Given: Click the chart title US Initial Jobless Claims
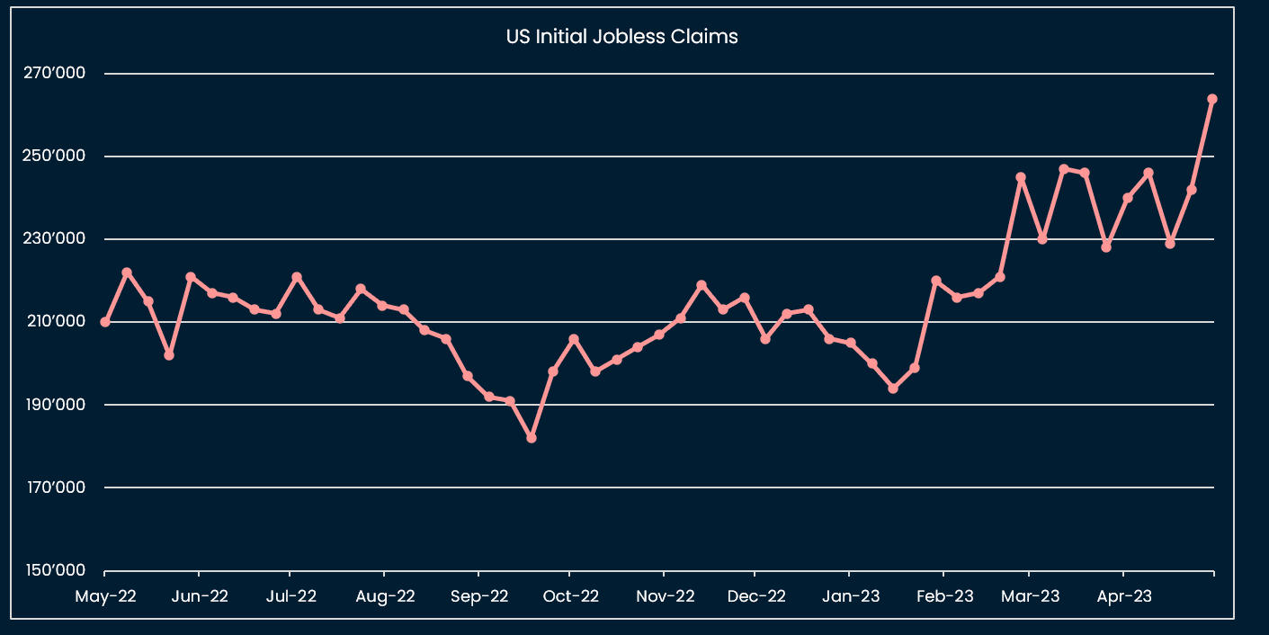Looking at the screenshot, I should point(621,37).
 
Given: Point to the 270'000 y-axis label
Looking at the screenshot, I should point(55,73).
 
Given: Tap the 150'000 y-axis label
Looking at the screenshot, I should point(55,570).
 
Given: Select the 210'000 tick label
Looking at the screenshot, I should point(55,321).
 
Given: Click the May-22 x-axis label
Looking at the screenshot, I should point(106,595).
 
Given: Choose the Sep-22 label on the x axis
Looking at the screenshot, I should point(478,595).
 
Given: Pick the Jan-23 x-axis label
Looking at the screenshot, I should point(850,595).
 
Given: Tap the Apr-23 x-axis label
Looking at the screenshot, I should point(1123,595).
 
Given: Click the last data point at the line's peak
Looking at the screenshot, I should point(1212,99).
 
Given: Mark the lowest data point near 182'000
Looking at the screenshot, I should point(532,438).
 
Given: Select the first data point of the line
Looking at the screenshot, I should point(105,322).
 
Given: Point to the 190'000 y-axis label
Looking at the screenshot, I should point(55,404).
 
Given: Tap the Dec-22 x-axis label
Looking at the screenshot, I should point(756,595).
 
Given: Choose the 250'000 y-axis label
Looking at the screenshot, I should point(55,156).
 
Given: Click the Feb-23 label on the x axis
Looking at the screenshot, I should point(943,595).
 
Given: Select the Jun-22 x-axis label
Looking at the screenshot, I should point(199,595).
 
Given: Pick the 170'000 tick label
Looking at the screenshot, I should point(55,487).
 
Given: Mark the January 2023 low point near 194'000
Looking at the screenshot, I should point(893,389).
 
